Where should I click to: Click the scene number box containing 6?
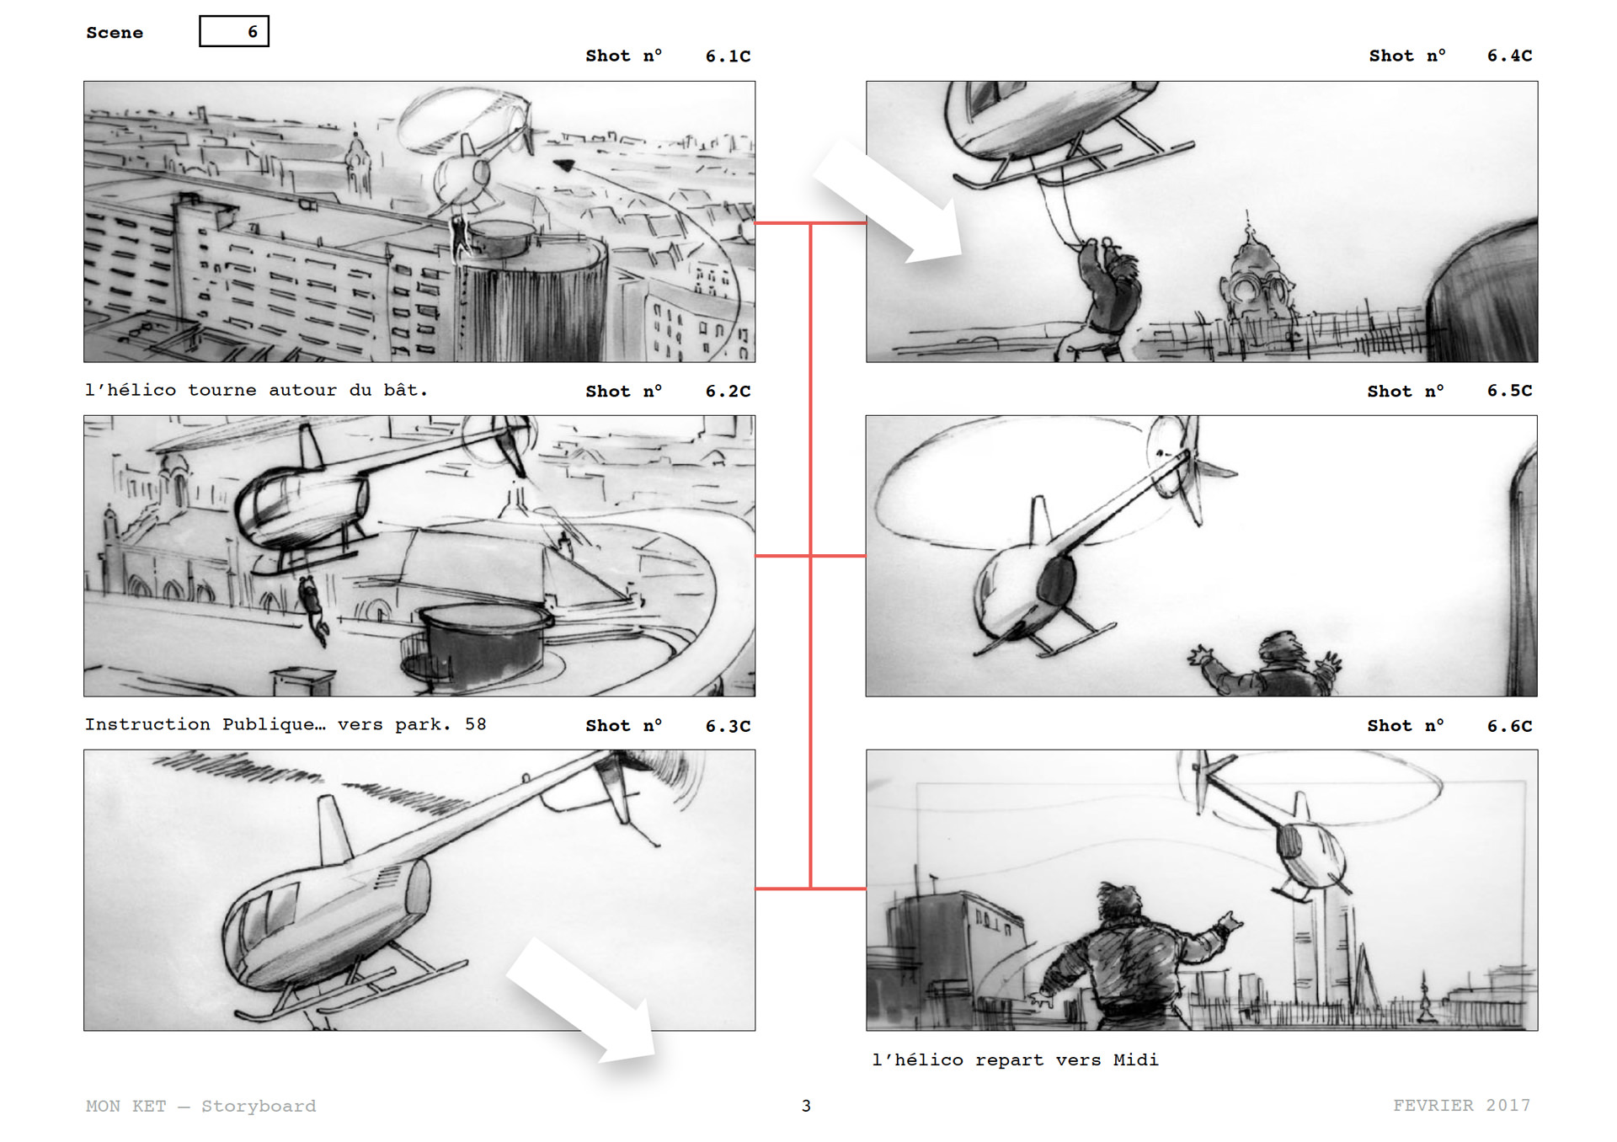[234, 31]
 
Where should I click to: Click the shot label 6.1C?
[728, 56]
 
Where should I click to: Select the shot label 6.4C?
[1509, 56]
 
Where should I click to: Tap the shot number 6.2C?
[728, 391]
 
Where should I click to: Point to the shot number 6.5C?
[1509, 391]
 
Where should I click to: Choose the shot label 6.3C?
[728, 726]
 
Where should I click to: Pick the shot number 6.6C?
[1509, 726]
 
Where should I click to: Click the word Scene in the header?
[115, 33]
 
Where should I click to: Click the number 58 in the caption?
[476, 724]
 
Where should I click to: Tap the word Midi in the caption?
[1136, 1059]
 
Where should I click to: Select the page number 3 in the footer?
[806, 1106]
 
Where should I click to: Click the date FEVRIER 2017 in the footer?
[1462, 1105]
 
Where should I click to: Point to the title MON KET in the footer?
[126, 1106]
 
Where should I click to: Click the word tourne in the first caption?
[221, 390]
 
